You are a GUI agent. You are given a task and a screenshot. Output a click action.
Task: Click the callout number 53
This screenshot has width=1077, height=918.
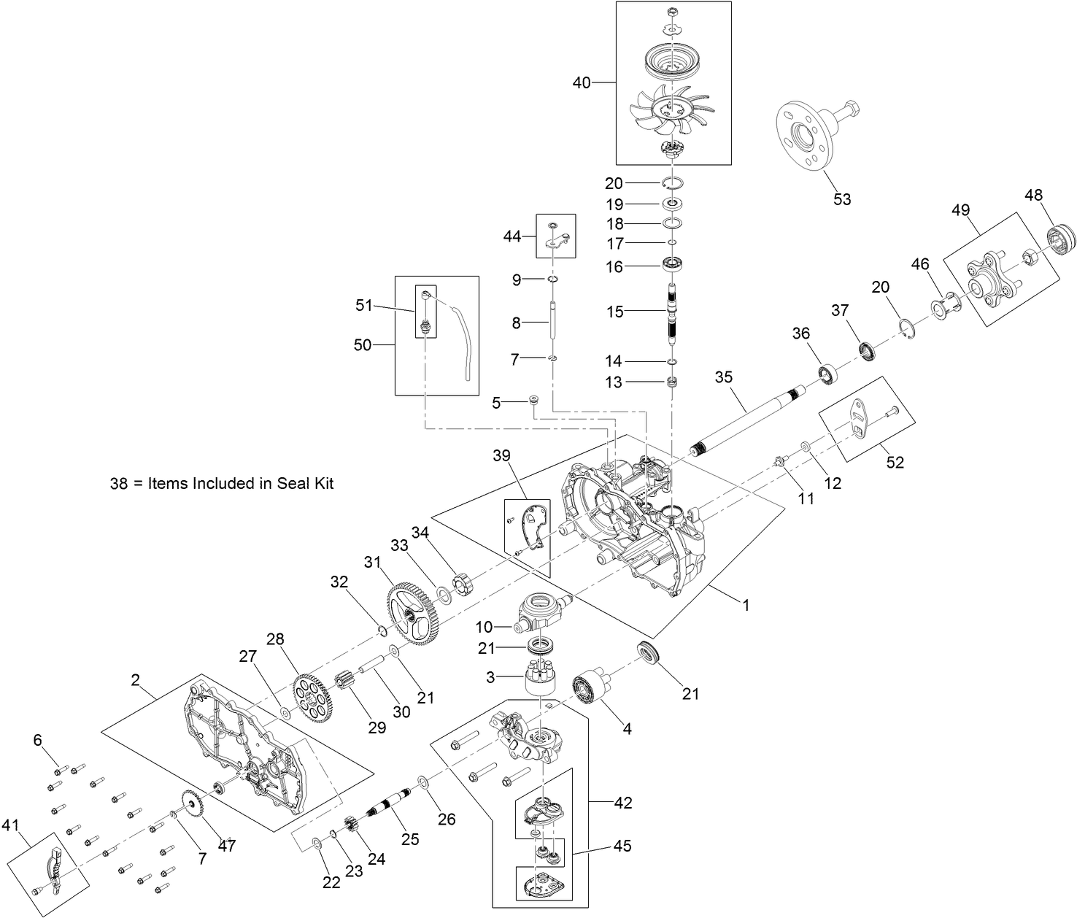click(x=842, y=199)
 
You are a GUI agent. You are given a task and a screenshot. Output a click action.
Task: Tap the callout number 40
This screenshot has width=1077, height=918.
click(x=582, y=83)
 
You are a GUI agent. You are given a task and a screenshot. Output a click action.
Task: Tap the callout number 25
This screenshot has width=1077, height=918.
click(x=410, y=840)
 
